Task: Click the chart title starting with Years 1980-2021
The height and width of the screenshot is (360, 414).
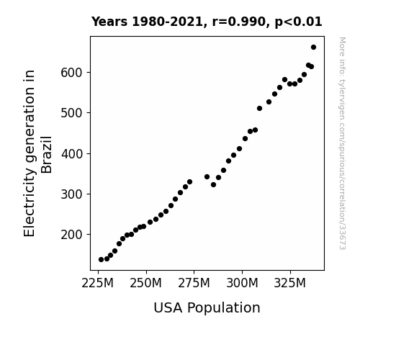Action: click(207, 22)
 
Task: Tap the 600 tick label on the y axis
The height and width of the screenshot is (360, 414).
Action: click(71, 73)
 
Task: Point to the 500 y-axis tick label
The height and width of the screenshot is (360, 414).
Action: click(71, 113)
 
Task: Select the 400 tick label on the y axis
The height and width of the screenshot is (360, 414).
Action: click(71, 153)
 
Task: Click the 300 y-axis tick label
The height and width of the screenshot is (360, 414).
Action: click(71, 194)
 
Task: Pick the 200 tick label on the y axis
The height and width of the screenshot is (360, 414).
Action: click(71, 235)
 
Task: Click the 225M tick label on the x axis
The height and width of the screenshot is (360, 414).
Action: click(98, 283)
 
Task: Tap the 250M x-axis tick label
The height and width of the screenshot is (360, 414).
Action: click(145, 283)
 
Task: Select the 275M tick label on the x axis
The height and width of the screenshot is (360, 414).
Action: click(194, 283)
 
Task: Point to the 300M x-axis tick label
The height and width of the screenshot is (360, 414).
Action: click(242, 283)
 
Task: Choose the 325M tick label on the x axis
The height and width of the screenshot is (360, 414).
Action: click(290, 283)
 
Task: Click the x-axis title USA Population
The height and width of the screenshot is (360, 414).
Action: click(207, 307)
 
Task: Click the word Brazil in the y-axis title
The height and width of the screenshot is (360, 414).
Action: click(47, 155)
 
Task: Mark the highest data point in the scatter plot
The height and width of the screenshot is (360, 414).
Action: click(313, 48)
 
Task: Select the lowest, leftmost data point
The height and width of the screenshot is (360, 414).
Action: click(101, 260)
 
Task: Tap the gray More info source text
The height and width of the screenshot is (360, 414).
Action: click(342, 143)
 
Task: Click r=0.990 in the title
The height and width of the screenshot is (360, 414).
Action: click(239, 22)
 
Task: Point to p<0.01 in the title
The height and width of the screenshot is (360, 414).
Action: click(299, 22)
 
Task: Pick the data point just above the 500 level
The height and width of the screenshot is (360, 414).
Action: click(259, 108)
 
